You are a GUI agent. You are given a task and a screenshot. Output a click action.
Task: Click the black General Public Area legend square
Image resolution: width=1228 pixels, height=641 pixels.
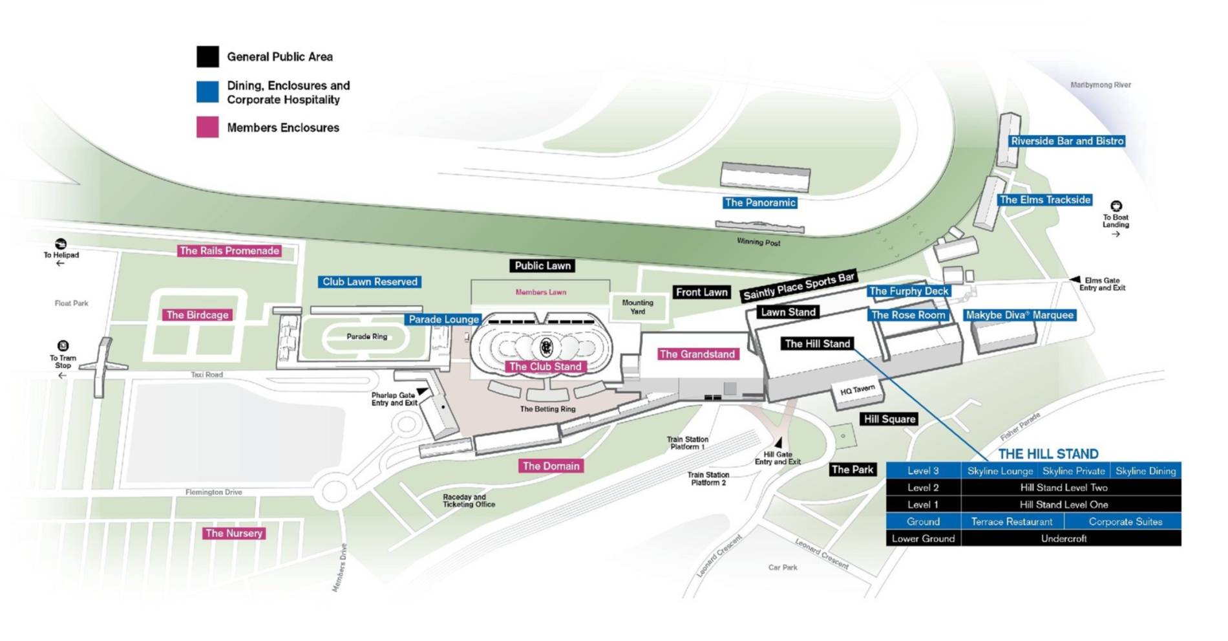[x=207, y=57]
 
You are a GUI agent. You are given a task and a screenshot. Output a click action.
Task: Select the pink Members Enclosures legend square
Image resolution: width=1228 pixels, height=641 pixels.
[x=207, y=127]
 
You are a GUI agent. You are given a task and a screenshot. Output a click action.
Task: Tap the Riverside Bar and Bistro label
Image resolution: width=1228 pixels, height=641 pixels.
[x=1067, y=141]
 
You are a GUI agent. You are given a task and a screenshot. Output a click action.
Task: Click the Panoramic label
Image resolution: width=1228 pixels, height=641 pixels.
[x=759, y=202]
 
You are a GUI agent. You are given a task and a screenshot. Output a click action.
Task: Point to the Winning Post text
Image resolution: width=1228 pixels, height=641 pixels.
[x=758, y=243]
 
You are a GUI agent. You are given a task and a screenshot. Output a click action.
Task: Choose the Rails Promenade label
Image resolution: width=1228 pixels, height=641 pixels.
[x=229, y=251]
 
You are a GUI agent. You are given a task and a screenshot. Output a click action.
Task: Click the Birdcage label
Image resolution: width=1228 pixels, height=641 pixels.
[x=197, y=315]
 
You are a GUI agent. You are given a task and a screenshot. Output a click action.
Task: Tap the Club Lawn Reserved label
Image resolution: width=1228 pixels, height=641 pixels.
[x=370, y=282]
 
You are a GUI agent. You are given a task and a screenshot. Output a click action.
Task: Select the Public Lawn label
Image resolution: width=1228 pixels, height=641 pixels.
[x=543, y=266]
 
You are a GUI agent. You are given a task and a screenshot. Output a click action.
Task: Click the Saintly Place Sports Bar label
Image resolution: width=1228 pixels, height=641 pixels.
[x=799, y=286]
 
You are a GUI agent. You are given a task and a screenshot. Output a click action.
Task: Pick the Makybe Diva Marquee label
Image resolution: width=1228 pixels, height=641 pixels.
[x=1019, y=315]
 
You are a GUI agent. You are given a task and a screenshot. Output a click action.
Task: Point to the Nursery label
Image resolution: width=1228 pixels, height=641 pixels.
[x=234, y=534]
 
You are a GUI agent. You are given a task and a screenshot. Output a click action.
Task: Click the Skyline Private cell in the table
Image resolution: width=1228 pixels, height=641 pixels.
[x=1074, y=471]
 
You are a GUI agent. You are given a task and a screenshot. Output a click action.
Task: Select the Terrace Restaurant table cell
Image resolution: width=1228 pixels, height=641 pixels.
[x=1011, y=521]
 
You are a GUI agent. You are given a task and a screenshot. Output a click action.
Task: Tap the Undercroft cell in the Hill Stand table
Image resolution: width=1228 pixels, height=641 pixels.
[x=1063, y=538]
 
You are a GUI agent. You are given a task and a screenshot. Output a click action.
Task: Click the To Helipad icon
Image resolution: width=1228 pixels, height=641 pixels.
[x=61, y=244]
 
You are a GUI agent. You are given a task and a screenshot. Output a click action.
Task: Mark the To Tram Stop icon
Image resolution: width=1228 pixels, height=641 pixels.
[x=63, y=346]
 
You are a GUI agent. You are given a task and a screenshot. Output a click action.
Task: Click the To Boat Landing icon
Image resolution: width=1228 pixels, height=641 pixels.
[x=1116, y=206]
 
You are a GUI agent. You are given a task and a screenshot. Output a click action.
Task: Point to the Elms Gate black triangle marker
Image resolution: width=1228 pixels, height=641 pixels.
[x=1075, y=279]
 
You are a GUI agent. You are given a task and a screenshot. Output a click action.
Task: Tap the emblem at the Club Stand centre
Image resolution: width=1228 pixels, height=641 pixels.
[x=546, y=347]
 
